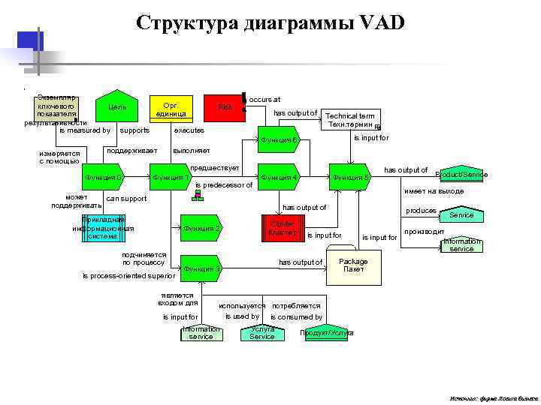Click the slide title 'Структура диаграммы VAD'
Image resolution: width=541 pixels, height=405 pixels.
[270, 23]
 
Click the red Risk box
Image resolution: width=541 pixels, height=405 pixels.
[225, 109]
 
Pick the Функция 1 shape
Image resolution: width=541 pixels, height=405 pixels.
[172, 178]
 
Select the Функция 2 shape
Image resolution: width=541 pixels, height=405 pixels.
[201, 228]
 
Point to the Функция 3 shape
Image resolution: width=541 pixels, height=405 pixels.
[201, 268]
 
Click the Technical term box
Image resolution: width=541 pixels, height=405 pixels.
[351, 120]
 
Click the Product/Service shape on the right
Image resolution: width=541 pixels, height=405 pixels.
[461, 174]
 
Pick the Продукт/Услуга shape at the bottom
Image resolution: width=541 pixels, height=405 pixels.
[327, 333]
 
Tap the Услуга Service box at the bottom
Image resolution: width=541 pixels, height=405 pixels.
[262, 333]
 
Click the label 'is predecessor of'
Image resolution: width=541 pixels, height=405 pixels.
[223, 185]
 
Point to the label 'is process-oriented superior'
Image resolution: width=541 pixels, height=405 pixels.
[128, 276]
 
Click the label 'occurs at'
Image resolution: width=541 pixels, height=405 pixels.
[264, 99]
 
